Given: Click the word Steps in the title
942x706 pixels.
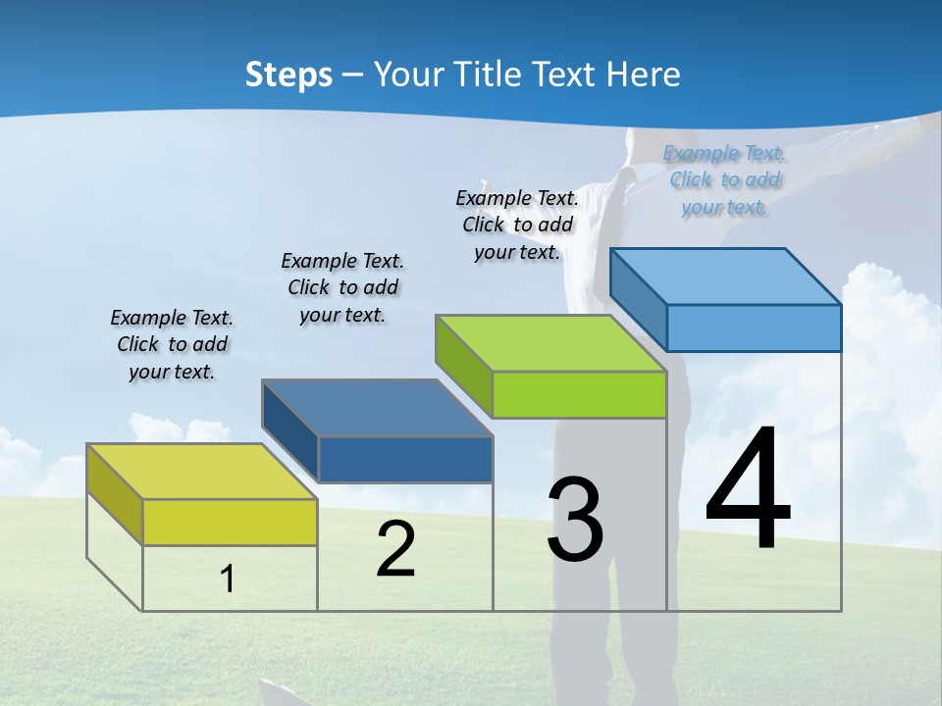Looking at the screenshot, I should (288, 75).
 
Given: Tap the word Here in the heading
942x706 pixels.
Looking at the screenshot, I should (644, 75).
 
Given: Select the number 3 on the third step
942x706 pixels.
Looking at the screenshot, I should (575, 520).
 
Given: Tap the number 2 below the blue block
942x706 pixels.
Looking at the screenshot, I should (395, 549).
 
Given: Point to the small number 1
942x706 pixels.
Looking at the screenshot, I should (228, 579).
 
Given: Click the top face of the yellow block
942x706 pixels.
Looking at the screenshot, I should (202, 472).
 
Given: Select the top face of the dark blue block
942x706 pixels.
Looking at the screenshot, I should (377, 408).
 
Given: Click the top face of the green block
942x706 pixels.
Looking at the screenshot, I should (550, 343).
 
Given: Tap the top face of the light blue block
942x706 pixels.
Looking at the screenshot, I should (725, 277).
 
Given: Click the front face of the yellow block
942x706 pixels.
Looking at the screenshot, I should (230, 522).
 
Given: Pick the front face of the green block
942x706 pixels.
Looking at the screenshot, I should (579, 394).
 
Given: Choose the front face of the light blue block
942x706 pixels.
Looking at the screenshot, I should (754, 328).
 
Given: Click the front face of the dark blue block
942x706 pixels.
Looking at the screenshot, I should (405, 459).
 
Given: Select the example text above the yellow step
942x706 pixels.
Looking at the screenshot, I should (172, 344).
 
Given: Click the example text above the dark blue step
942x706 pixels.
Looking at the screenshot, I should (342, 287).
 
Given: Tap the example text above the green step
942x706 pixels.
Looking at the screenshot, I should (517, 225).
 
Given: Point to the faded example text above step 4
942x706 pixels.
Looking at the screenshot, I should (725, 179).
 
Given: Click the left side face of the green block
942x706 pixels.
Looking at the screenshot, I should (463, 363).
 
